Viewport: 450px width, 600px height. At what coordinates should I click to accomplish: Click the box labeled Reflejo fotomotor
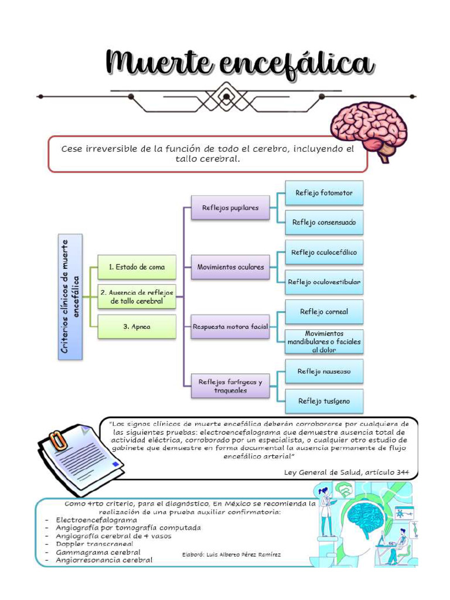tap(324, 193)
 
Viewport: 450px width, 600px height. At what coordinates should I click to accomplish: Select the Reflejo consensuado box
tap(324, 222)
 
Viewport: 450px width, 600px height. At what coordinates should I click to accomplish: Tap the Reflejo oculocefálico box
tap(324, 252)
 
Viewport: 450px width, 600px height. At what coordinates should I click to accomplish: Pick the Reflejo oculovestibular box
tap(324, 282)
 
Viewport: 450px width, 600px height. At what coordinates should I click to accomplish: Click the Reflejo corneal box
tap(324, 312)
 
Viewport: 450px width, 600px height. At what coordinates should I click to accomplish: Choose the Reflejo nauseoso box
tap(324, 371)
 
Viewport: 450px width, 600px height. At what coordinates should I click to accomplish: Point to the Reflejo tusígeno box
tap(324, 401)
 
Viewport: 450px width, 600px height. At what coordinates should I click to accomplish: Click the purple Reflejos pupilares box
tap(230, 207)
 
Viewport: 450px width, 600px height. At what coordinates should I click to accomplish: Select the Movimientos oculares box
tap(230, 267)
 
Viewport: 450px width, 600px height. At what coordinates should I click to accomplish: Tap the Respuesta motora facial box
tap(230, 327)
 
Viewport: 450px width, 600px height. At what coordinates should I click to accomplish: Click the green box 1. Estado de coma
tap(137, 267)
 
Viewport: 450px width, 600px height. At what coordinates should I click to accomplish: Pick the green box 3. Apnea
tap(137, 327)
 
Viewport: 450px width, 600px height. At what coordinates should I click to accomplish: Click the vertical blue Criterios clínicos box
tap(70, 297)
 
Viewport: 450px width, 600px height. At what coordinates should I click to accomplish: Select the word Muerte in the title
tap(158, 63)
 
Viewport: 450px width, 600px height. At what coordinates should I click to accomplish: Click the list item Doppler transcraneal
tap(94, 544)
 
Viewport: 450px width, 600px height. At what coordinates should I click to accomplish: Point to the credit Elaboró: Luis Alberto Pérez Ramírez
tap(231, 554)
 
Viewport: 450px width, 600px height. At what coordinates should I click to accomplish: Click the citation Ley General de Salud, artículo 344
tap(347, 473)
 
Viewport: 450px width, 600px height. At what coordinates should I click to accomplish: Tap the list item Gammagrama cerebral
tap(98, 552)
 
